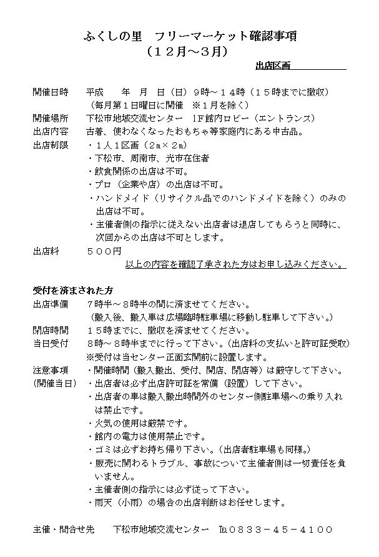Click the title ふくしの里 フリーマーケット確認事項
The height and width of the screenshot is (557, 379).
point(189,37)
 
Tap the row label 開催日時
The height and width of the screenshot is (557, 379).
point(51,92)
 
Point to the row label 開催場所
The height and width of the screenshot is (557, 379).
point(51,119)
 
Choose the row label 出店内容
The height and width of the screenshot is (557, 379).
point(51,132)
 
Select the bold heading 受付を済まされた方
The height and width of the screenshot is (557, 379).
point(73,291)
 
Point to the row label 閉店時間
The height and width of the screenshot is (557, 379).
point(51,330)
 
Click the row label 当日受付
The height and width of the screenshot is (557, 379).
point(51,344)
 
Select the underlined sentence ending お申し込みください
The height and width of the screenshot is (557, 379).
point(234,264)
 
